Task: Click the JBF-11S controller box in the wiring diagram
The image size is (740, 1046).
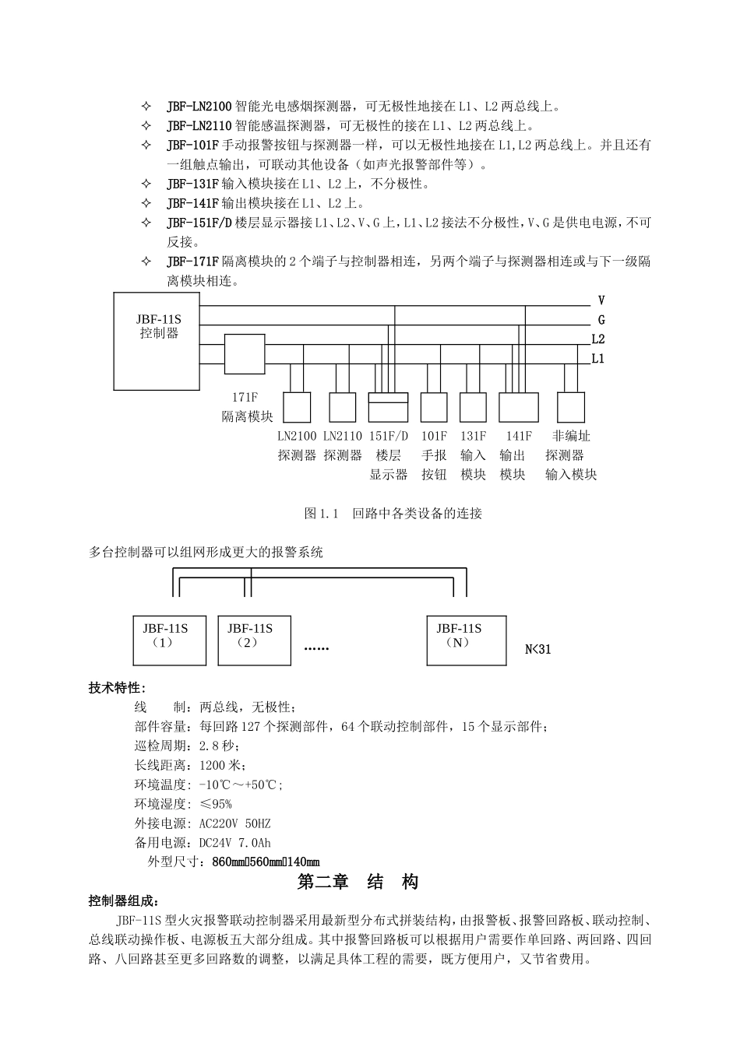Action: [159, 340]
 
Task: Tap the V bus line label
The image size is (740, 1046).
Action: [601, 300]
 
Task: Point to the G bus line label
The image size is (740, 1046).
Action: [601, 320]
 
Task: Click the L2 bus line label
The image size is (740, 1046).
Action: [598, 339]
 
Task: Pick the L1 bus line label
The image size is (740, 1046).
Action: [598, 359]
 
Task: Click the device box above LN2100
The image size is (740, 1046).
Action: [296, 407]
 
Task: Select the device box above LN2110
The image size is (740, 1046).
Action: [343, 407]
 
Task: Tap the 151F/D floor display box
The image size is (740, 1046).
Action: [388, 407]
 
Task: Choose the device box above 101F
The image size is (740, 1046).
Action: [434, 407]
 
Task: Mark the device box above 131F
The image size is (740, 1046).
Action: [473, 407]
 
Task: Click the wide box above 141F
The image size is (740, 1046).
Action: [518, 407]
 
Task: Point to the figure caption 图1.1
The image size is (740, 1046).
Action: [393, 514]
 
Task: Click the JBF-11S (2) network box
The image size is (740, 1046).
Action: [254, 641]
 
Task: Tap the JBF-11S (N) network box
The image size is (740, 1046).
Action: [466, 641]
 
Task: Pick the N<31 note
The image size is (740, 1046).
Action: [538, 649]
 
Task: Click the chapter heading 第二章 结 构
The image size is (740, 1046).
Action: [358, 882]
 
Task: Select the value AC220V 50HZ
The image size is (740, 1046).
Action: [235, 823]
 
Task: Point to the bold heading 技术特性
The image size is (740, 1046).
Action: [118, 688]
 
